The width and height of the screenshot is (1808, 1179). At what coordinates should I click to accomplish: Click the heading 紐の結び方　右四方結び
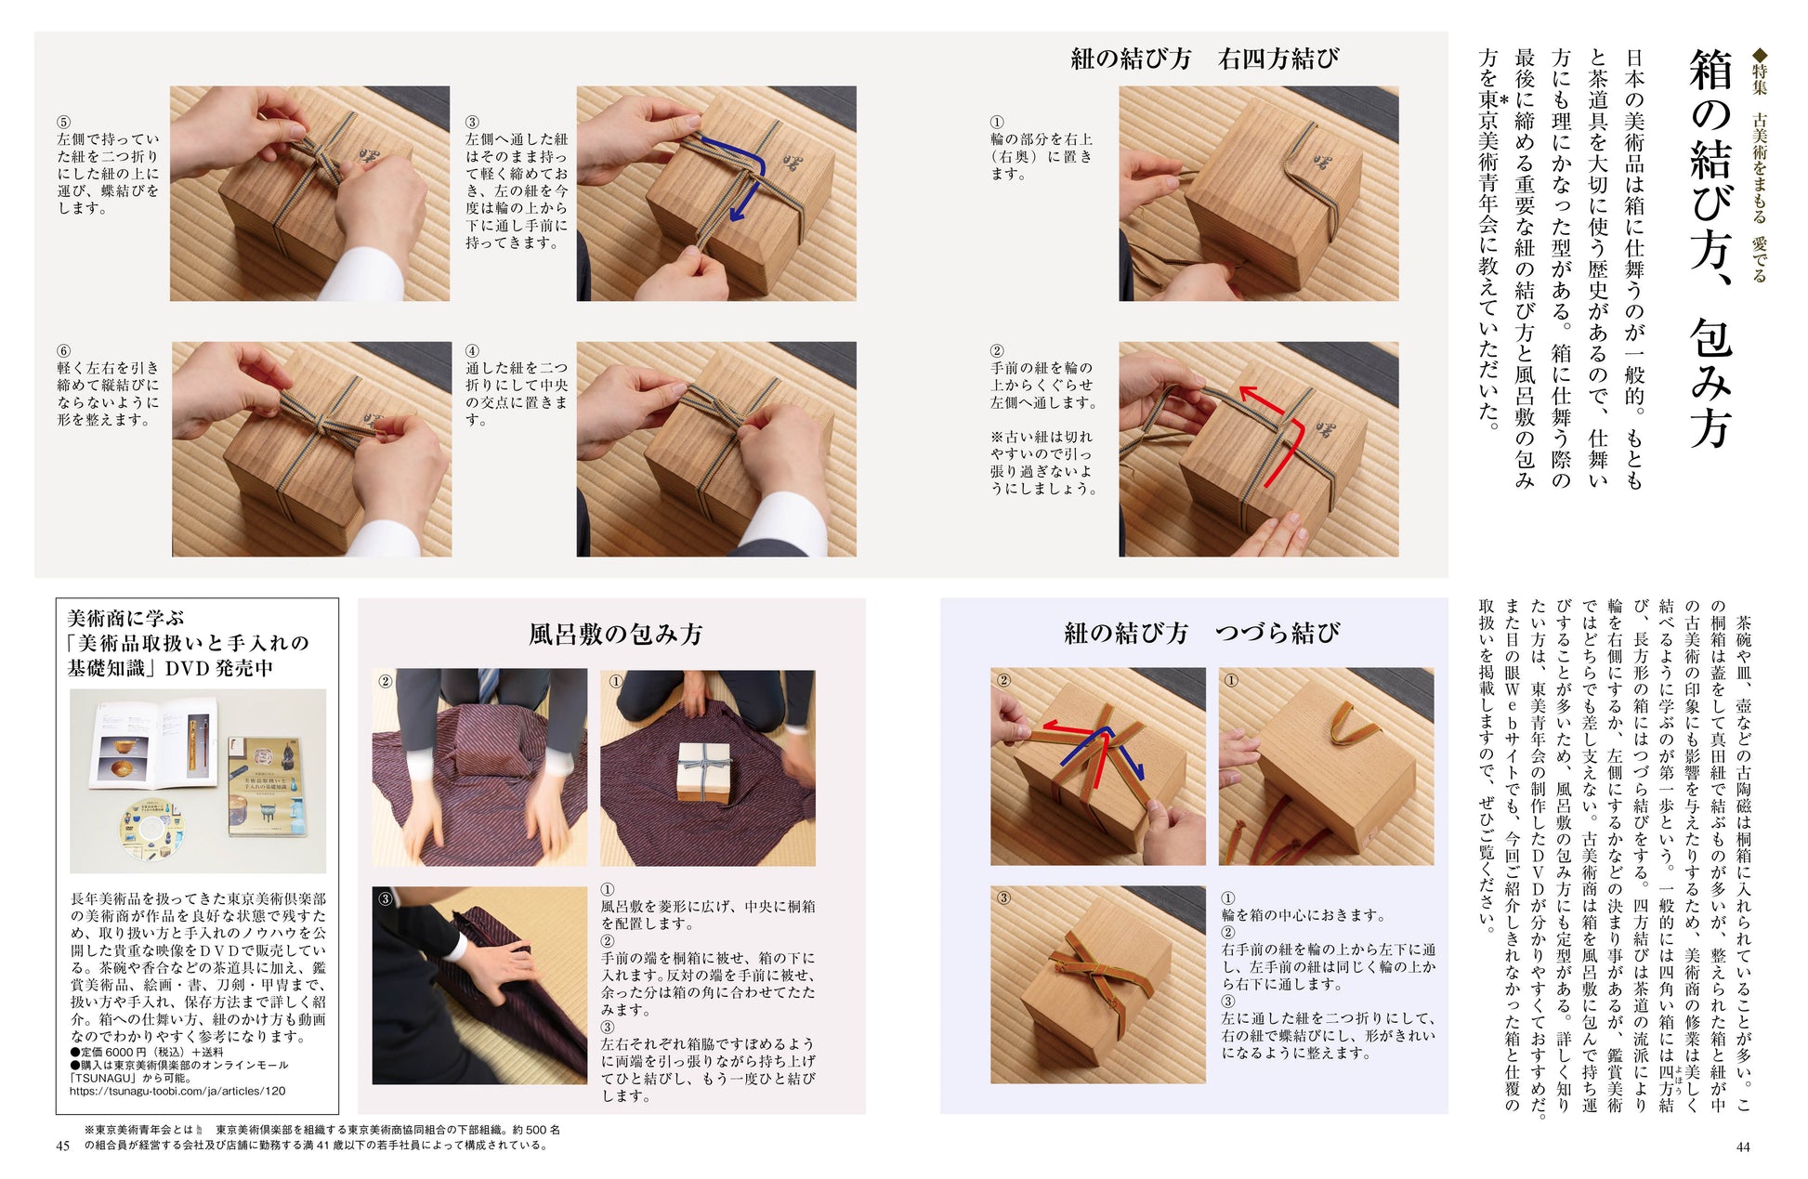[x=1204, y=59]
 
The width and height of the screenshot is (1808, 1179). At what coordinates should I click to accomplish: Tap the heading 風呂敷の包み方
[x=615, y=635]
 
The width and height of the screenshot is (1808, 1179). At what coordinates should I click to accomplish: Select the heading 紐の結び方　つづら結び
[x=1201, y=634]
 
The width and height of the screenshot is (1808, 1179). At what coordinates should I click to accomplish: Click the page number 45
[x=62, y=1146]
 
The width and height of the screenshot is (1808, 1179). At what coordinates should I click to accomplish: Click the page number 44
[x=1743, y=1146]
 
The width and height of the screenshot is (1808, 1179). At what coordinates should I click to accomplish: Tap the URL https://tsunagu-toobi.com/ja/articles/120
[x=177, y=1092]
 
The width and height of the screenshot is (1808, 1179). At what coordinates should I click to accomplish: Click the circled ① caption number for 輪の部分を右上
[x=997, y=122]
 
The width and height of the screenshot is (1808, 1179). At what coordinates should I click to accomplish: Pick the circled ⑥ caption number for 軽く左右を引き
[x=63, y=351]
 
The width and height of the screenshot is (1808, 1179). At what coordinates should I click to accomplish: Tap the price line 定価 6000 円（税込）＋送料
[x=147, y=1052]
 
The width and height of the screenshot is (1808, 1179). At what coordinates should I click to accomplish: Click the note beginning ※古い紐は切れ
[x=1042, y=463]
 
